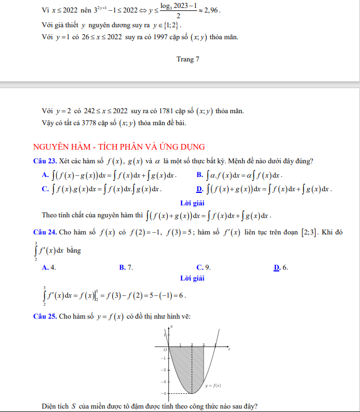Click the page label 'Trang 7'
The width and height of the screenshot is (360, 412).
coord(188,59)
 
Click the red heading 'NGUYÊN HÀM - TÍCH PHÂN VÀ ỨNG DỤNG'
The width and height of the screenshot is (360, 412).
coord(119,147)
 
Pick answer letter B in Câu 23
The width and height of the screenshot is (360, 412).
coord(199,175)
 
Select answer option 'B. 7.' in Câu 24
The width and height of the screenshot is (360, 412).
coord(126,267)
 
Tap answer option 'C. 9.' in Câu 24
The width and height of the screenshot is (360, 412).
coord(203,267)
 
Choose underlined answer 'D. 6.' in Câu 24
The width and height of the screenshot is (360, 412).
coord(281,267)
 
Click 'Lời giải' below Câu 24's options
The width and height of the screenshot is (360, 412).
coord(192,278)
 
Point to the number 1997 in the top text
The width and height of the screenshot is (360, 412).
coord(162,38)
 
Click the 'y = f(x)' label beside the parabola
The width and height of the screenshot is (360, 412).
coord(213,385)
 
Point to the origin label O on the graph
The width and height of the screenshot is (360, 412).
coord(165,349)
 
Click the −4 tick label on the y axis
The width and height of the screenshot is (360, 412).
coord(162,393)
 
